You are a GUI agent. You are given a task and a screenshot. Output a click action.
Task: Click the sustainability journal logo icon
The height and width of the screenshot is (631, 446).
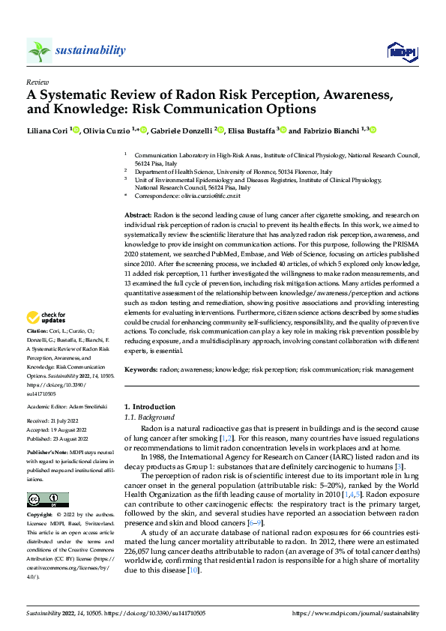click(39, 50)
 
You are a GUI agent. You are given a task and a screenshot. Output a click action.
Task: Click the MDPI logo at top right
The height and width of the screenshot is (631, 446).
click(400, 50)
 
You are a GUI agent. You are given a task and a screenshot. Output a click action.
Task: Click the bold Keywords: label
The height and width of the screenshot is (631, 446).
click(141, 370)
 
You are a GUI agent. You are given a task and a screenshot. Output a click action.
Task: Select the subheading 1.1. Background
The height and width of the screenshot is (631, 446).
click(148, 417)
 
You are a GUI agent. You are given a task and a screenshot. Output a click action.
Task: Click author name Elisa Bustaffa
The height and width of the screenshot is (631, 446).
click(251, 130)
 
